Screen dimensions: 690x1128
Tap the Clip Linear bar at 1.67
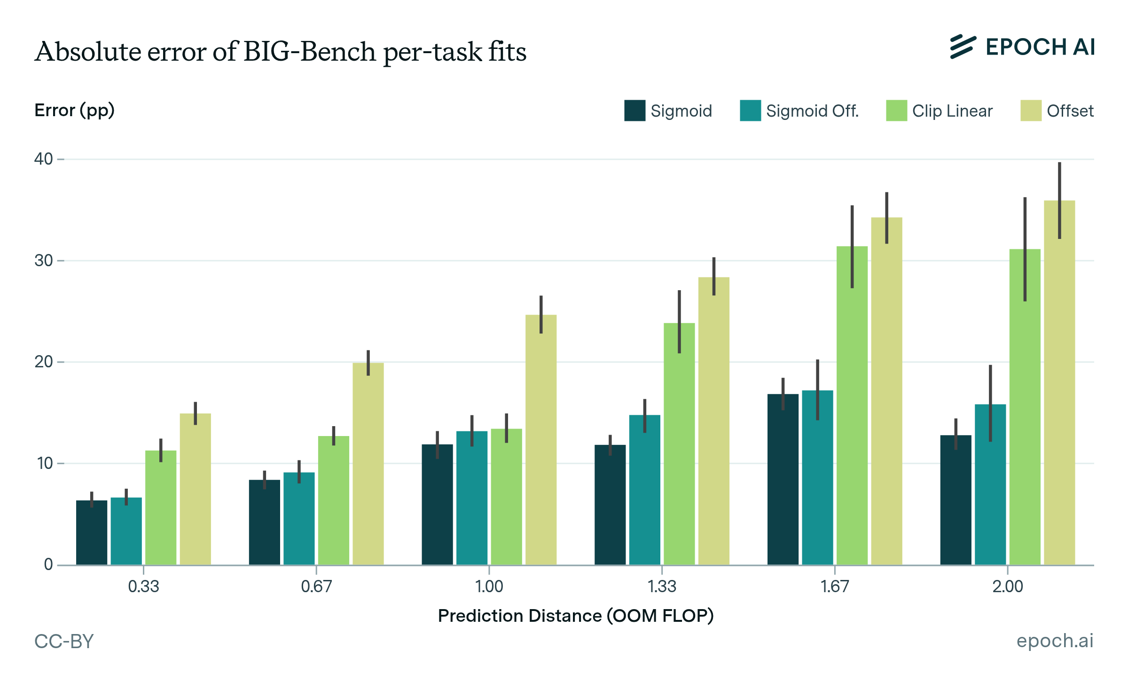pos(852,405)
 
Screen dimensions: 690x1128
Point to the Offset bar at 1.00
pos(541,439)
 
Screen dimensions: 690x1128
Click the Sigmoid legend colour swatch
pos(634,111)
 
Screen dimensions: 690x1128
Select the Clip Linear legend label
pos(952,111)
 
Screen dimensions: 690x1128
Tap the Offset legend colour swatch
pos(1031,111)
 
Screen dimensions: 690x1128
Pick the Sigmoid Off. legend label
pos(812,111)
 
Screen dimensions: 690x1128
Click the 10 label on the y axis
pos(45,463)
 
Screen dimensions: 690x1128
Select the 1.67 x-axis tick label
pos(834,587)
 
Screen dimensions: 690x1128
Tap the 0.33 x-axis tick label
pos(143,587)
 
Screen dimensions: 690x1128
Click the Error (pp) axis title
pos(74,111)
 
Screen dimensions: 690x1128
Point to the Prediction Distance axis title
pos(576,616)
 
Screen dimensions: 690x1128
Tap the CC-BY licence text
pos(64,641)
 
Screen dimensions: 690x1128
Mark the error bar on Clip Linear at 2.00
pos(1025,249)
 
